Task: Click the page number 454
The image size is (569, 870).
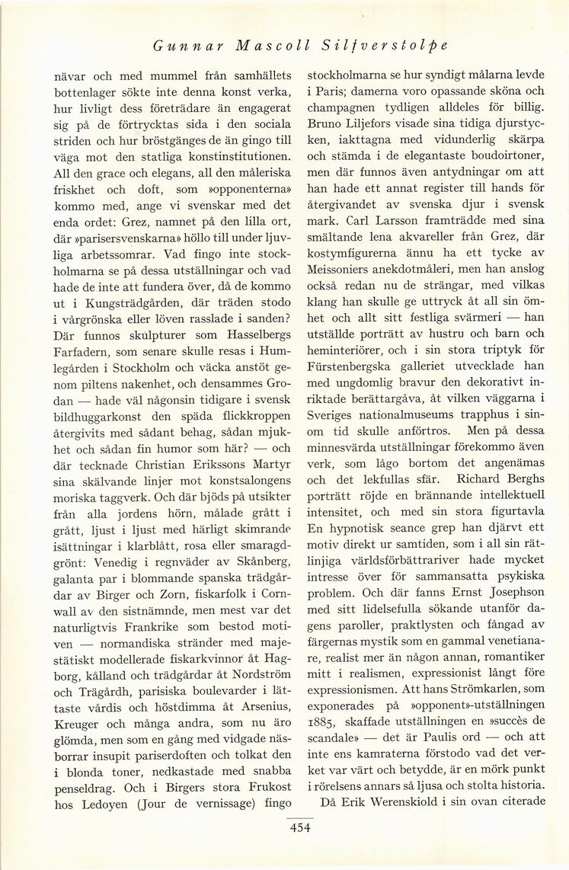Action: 299,830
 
